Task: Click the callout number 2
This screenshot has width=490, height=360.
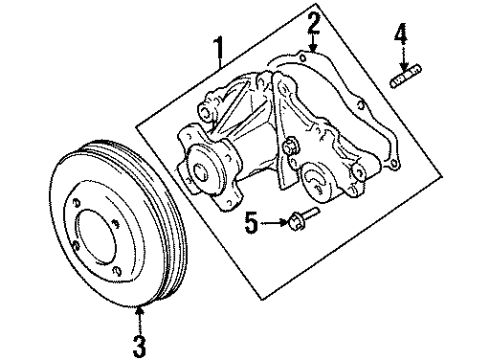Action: click(312, 21)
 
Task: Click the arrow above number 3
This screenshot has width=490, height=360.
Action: click(140, 310)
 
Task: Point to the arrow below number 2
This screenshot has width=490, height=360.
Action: click(312, 42)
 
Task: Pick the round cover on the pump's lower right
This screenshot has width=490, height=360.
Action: click(321, 179)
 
